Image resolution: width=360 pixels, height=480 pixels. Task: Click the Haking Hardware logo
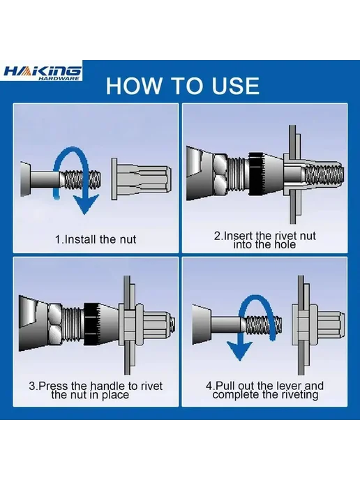pyautogui.click(x=43, y=73)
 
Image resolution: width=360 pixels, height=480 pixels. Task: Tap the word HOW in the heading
pyautogui.click(x=133, y=86)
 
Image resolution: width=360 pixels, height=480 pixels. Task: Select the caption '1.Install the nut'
pyautogui.click(x=96, y=239)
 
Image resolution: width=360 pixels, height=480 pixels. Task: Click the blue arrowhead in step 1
pyautogui.click(x=87, y=204)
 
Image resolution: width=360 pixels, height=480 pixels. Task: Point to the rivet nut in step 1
pyautogui.click(x=141, y=179)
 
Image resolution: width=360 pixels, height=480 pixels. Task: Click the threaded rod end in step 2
pyautogui.click(x=324, y=174)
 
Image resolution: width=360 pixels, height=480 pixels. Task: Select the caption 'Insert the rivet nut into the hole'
pyautogui.click(x=264, y=240)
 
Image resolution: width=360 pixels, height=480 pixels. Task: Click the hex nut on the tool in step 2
pyautogui.click(x=220, y=174)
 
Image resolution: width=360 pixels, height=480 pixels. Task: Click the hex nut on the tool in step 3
pyautogui.click(x=56, y=325)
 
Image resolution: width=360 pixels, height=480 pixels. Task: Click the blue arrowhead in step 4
pyautogui.click(x=239, y=350)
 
